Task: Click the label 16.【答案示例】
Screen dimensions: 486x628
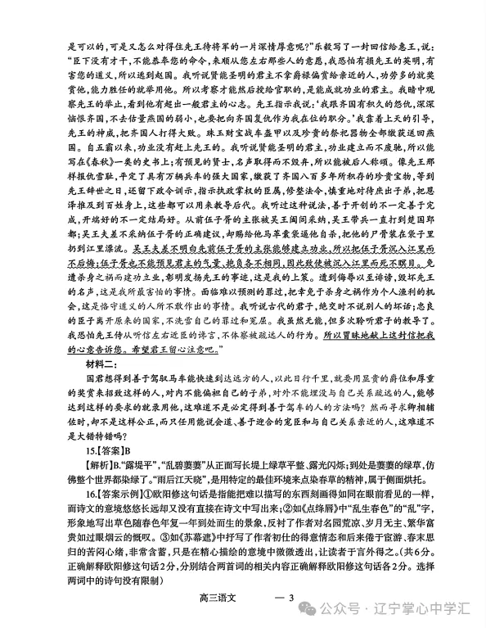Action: tap(115, 503)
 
